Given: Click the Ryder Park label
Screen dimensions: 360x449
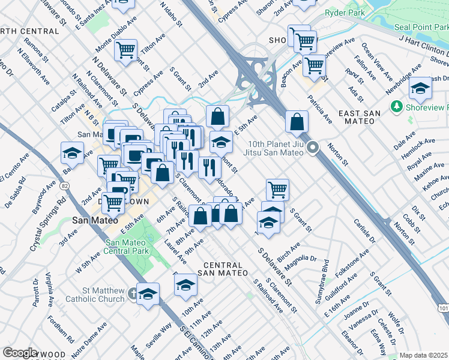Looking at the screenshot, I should tap(342, 12).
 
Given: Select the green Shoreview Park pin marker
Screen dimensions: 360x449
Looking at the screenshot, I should tap(396, 107).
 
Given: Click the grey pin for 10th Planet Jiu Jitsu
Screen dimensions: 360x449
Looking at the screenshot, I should tap(312, 147).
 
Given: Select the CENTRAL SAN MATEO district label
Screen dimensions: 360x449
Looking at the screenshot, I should tap(225, 269).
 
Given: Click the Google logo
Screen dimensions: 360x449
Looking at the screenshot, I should tap(20, 352).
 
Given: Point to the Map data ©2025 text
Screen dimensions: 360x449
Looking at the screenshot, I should tap(424, 355).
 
